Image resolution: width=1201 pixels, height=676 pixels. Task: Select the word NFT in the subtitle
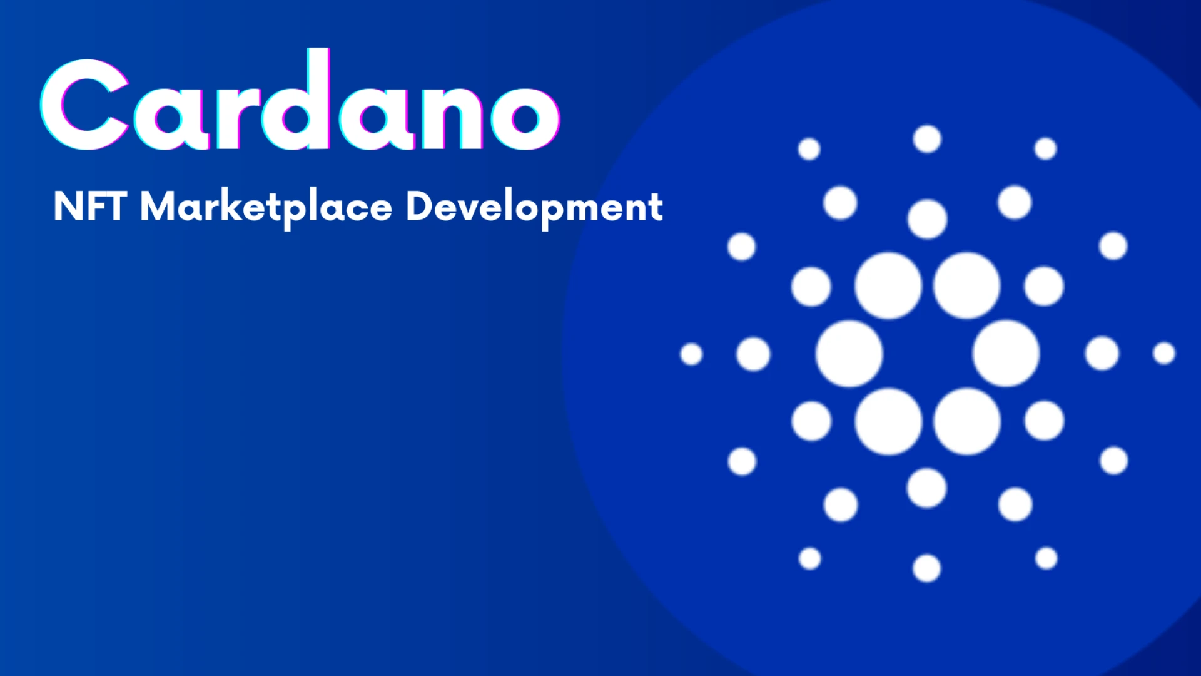[x=89, y=207]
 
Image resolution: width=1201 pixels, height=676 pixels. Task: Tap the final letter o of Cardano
[x=525, y=116]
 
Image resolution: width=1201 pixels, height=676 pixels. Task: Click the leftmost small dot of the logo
[x=691, y=354]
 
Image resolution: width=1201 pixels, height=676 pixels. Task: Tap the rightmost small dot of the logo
[x=1164, y=353]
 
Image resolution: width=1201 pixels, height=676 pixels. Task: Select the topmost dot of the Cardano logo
[x=927, y=139]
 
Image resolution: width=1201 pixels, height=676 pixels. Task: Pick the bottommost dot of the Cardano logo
[x=926, y=568]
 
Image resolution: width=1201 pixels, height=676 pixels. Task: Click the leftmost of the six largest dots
[x=849, y=354]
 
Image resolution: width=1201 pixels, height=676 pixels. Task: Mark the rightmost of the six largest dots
[x=1006, y=354]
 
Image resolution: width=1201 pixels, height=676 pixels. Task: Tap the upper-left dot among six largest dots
[x=888, y=285]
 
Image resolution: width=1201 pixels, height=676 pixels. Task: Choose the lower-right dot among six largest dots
[x=967, y=421]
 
